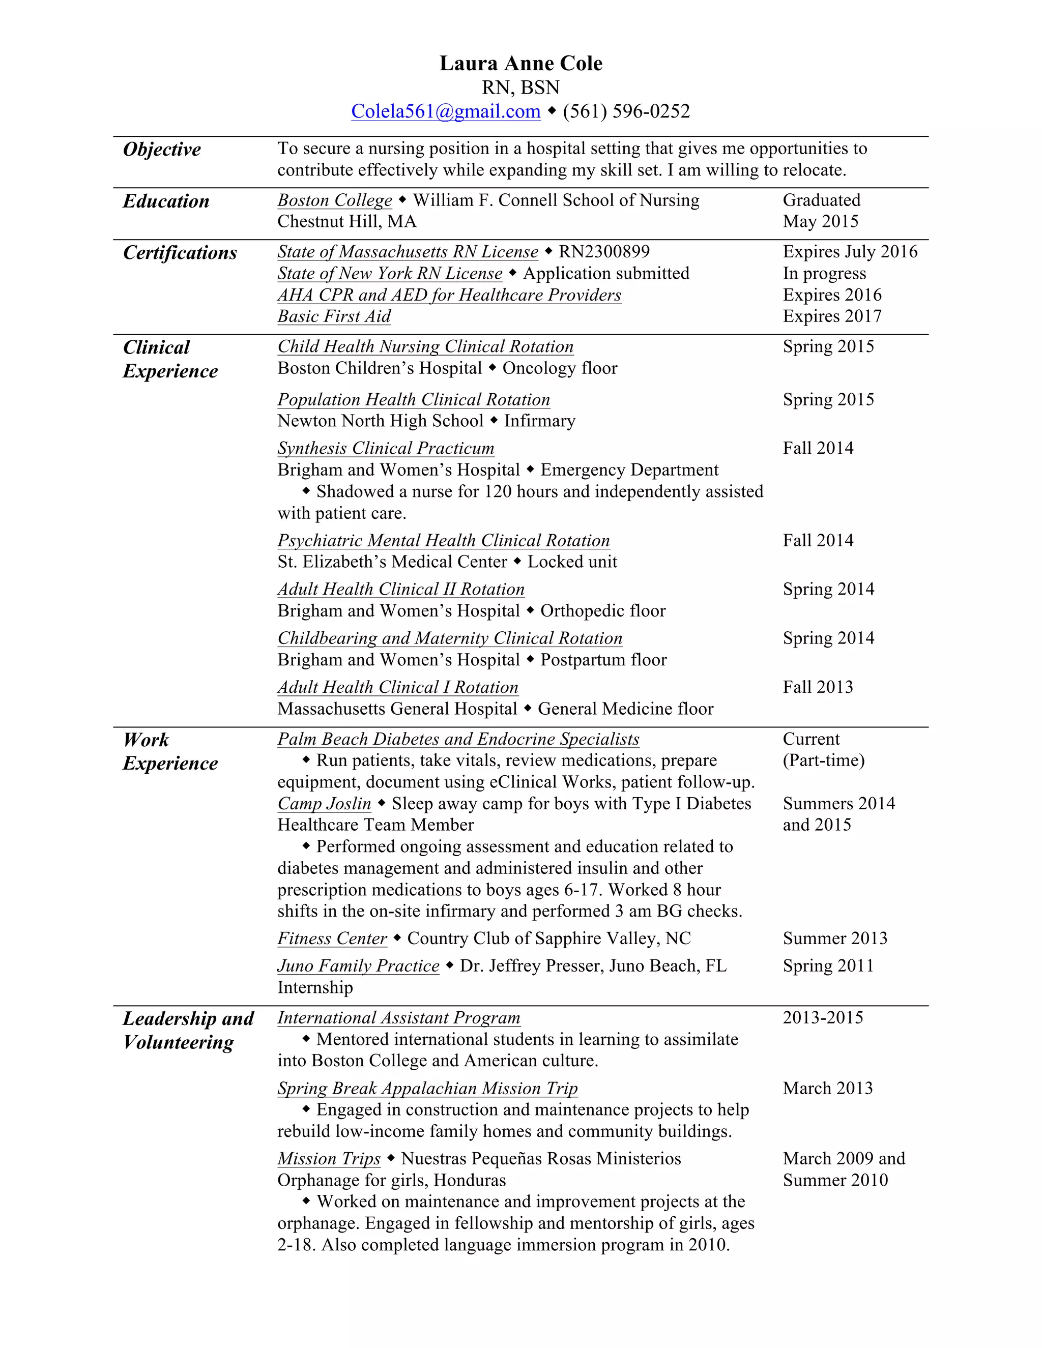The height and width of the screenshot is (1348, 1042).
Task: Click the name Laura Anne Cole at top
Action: click(520, 63)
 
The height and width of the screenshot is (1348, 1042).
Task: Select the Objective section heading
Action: click(162, 150)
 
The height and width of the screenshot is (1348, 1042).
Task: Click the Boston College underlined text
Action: click(335, 200)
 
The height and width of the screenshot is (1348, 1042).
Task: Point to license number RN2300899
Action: click(604, 252)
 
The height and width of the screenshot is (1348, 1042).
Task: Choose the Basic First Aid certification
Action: click(334, 316)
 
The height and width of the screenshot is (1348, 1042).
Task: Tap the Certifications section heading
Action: click(180, 252)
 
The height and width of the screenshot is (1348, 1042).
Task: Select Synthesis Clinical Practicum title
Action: click(386, 448)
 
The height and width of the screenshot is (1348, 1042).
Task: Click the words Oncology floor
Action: click(559, 368)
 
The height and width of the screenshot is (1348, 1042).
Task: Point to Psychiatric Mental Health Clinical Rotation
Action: click(443, 541)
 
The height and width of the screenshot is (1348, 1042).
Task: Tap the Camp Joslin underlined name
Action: click(324, 804)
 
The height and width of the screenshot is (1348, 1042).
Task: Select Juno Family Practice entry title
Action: click(358, 966)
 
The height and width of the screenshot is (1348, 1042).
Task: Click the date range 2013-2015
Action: click(822, 1018)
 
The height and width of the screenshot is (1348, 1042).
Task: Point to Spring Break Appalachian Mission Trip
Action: click(427, 1088)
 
